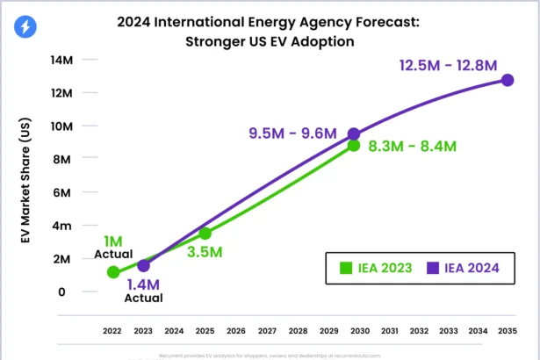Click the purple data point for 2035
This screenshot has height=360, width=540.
click(508, 80)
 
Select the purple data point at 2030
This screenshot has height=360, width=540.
click(354, 134)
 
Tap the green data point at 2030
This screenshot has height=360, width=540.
click(354, 145)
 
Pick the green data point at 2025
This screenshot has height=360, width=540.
click(205, 234)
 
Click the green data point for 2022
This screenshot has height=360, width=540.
click(112, 272)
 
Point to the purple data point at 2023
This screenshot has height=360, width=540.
click(143, 265)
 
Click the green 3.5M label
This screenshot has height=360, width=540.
click(205, 252)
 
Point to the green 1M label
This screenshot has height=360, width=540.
click(112, 241)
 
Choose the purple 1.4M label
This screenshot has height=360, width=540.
click(143, 284)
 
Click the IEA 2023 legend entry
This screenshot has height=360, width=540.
click(374, 267)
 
